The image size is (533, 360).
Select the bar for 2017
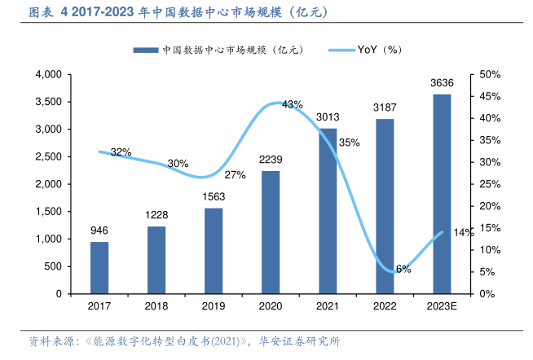(99, 267)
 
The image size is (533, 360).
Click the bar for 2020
(271, 232)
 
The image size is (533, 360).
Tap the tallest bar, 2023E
(442, 194)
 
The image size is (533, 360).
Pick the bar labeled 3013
(328, 211)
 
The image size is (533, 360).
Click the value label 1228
(156, 214)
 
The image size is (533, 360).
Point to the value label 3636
(442, 82)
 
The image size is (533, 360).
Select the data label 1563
(214, 196)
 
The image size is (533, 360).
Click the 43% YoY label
(292, 104)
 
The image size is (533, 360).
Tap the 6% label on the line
(403, 268)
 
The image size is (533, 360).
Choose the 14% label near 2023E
(463, 233)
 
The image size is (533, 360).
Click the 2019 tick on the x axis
(214, 306)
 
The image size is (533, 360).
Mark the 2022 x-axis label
(385, 306)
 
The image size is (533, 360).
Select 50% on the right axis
(490, 75)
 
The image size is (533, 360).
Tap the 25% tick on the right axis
(490, 184)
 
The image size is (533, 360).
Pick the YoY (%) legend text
(380, 50)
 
